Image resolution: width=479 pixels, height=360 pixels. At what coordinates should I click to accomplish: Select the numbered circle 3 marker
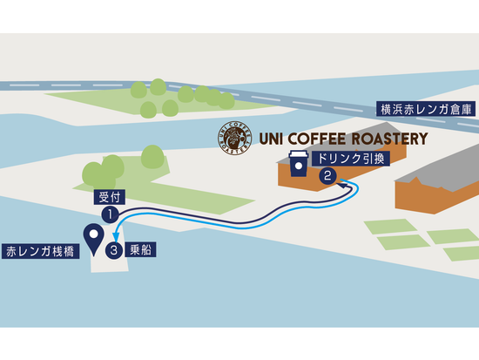tap(115, 251)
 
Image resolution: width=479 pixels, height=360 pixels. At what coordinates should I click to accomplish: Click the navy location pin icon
tap(91, 236)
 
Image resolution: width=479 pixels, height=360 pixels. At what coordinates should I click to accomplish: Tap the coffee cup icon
tap(298, 165)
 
